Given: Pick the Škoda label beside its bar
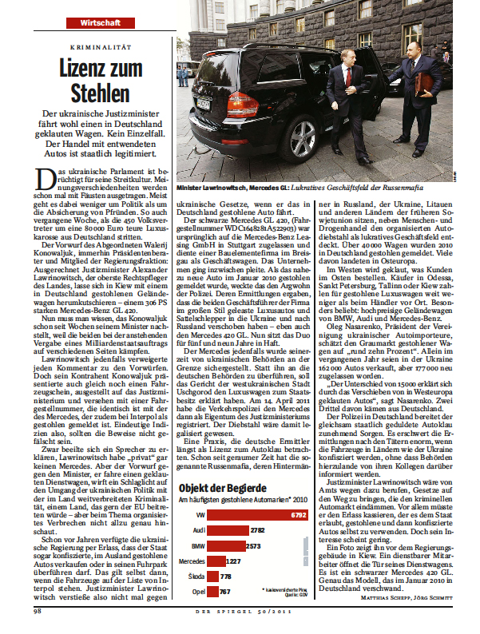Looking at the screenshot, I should click(x=196, y=577).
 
